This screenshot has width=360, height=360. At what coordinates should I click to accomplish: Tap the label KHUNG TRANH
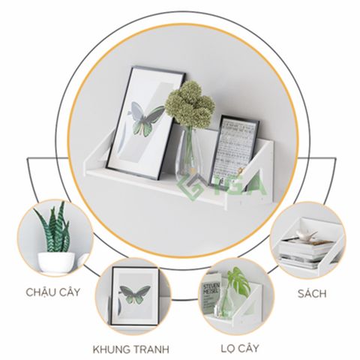(x=130, y=349)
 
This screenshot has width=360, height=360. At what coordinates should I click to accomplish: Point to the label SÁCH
(x=310, y=292)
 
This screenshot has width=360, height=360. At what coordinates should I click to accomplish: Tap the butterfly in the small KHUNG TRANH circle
(x=133, y=295)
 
